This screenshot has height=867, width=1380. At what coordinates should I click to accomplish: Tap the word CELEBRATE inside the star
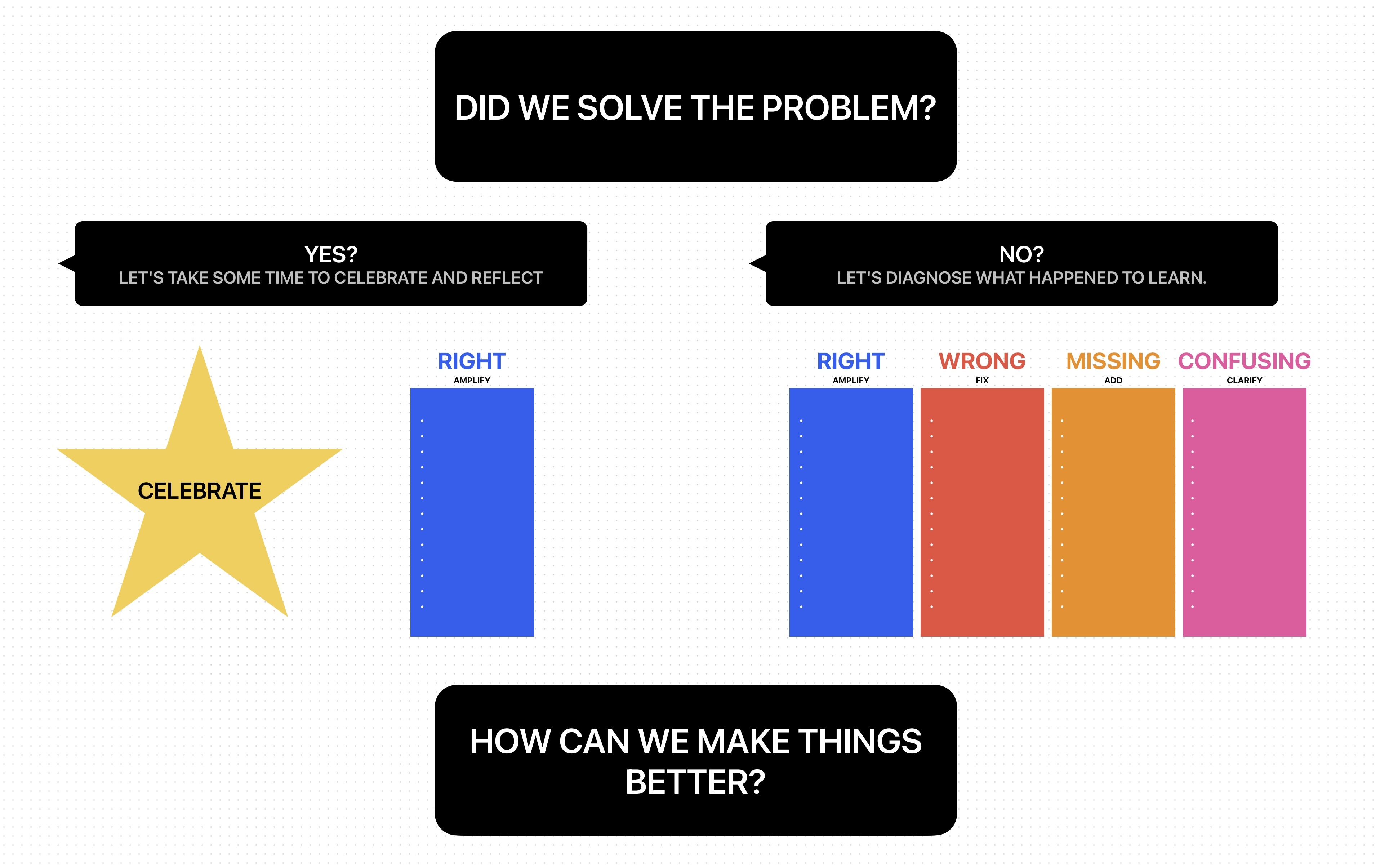(x=200, y=491)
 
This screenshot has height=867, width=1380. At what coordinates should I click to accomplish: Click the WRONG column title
(x=982, y=361)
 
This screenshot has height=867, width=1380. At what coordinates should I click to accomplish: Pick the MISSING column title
(x=1113, y=361)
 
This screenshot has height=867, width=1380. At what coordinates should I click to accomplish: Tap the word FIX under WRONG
(x=982, y=381)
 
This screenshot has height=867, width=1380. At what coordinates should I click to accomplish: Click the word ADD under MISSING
(x=1113, y=381)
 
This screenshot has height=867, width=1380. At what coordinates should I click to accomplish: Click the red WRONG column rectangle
(x=982, y=512)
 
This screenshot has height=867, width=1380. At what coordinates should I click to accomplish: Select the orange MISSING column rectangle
(x=1113, y=512)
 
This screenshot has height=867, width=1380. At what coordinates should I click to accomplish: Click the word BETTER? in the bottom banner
(x=695, y=782)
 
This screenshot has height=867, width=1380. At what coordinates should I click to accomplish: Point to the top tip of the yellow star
(x=200, y=346)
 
